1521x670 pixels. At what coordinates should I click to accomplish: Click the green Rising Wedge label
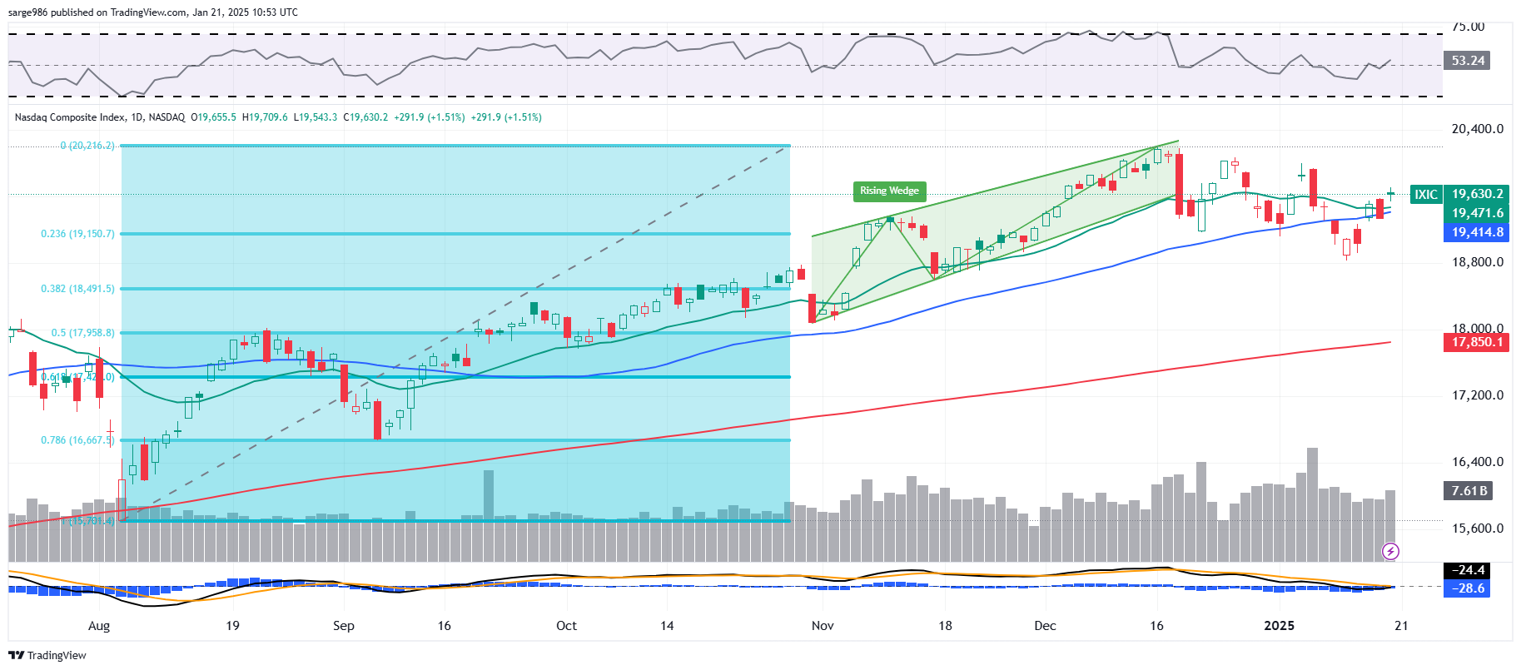pyautogui.click(x=889, y=191)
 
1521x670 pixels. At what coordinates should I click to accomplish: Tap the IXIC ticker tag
pyautogui.click(x=1426, y=195)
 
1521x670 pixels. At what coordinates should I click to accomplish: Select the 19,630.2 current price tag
pyautogui.click(x=1477, y=195)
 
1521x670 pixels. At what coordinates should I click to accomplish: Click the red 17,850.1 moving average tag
pyautogui.click(x=1477, y=342)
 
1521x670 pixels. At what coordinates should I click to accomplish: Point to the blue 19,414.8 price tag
pyautogui.click(x=1477, y=232)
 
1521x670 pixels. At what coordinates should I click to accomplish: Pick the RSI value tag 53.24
pyautogui.click(x=1468, y=61)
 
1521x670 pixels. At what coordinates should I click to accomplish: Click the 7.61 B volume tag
pyautogui.click(x=1469, y=491)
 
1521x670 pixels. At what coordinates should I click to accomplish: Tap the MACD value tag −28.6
pyautogui.click(x=1469, y=588)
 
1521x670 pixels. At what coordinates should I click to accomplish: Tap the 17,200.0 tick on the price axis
pyautogui.click(x=1477, y=395)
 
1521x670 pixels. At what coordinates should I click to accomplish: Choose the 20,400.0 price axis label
pyautogui.click(x=1477, y=129)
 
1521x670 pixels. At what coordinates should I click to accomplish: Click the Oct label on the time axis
pyautogui.click(x=566, y=626)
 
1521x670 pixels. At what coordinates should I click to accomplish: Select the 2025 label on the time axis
pyautogui.click(x=1279, y=626)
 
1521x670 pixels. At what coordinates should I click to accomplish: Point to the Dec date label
pyautogui.click(x=1045, y=626)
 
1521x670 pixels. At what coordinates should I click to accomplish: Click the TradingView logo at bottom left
pyautogui.click(x=47, y=655)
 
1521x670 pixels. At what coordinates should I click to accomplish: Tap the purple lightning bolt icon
pyautogui.click(x=1390, y=551)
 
